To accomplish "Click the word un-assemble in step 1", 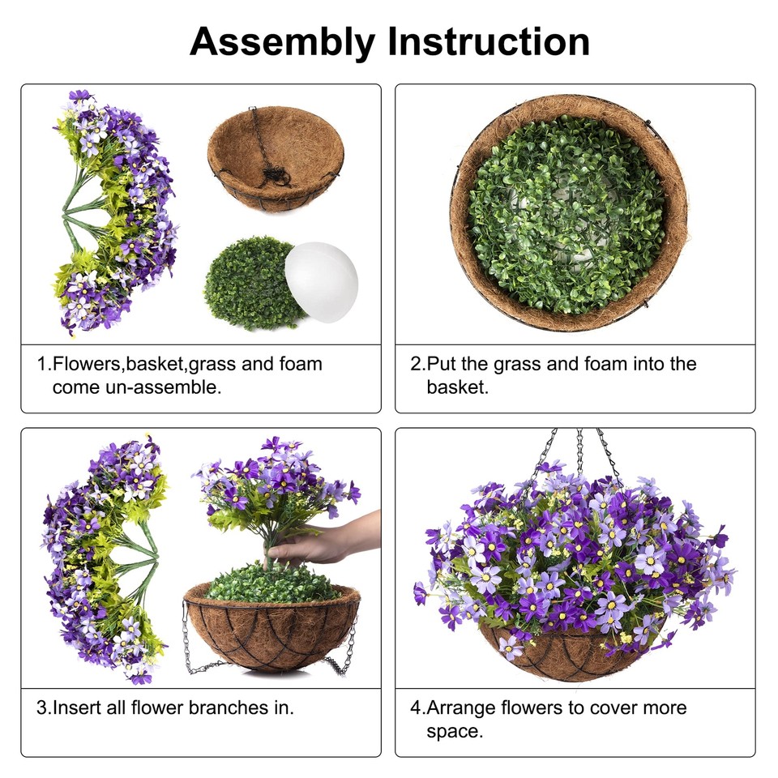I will pyautogui.click(x=137, y=387).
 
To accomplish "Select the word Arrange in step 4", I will pyautogui.click(x=461, y=707).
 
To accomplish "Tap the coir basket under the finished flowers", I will pyautogui.click(x=567, y=652).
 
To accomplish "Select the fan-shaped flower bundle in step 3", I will pyautogui.click(x=105, y=559).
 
